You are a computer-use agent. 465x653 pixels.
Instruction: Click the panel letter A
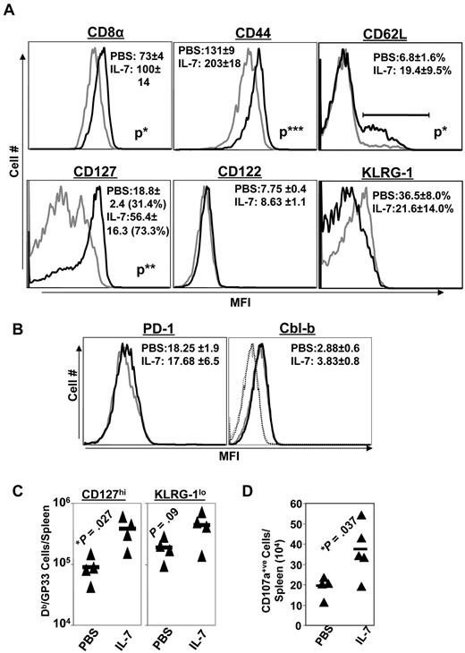9,8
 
